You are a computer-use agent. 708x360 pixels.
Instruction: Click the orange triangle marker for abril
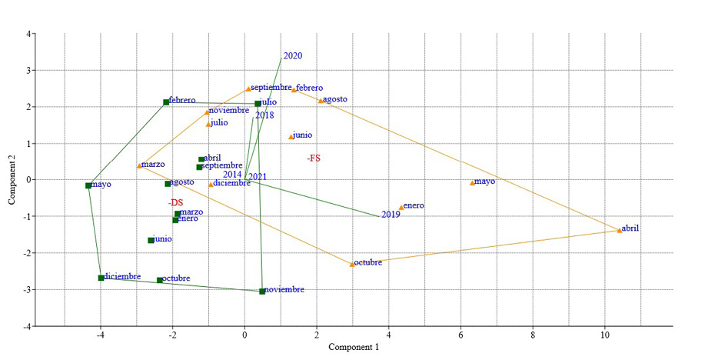(620, 230)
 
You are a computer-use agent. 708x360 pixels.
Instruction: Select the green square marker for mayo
(88, 185)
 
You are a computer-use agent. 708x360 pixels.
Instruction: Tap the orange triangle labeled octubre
(352, 264)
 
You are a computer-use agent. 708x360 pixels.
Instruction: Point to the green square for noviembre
(262, 292)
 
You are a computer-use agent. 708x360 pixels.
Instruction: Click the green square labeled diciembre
(101, 278)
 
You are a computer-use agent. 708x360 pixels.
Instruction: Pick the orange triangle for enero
(401, 207)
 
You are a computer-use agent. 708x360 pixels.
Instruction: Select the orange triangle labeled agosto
(321, 101)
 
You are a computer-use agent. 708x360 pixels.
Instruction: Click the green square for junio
(151, 240)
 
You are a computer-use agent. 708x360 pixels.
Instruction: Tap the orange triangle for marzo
(139, 165)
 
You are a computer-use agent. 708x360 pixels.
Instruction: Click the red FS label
(314, 158)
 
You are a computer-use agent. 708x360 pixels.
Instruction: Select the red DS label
(175, 202)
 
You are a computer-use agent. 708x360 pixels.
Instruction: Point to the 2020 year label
(293, 56)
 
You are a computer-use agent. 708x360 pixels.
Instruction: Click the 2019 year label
(391, 215)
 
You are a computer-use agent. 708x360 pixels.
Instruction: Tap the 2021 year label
(258, 177)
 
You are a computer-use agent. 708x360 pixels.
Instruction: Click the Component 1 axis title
(354, 347)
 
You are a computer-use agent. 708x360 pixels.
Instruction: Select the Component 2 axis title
(12, 180)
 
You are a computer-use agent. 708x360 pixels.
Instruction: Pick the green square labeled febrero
(166, 102)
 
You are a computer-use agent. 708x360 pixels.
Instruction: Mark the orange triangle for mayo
(472, 183)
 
